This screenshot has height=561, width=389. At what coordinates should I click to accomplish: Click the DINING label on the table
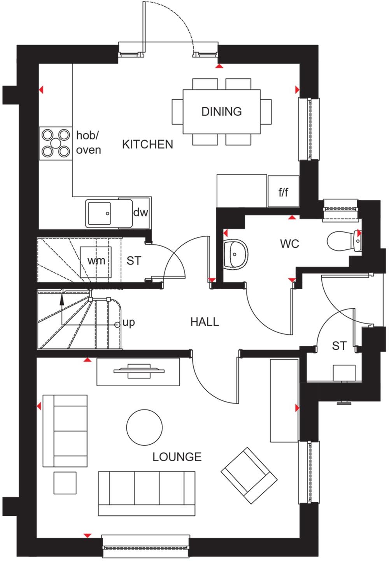click(221, 111)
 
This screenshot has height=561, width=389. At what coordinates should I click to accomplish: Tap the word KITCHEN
click(147, 144)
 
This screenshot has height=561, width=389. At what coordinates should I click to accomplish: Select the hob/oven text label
click(88, 143)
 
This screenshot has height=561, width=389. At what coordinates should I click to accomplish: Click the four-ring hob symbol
click(55, 143)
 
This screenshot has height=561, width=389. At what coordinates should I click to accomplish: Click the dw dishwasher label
click(140, 213)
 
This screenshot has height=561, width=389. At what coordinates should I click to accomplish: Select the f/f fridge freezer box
click(283, 192)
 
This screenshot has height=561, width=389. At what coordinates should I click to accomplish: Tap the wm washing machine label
click(96, 261)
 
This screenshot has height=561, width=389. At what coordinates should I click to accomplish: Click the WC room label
click(289, 244)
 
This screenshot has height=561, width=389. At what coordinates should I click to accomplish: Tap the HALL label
click(205, 322)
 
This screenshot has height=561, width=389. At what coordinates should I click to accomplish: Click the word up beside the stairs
click(129, 323)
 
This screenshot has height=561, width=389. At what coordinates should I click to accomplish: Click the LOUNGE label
click(177, 457)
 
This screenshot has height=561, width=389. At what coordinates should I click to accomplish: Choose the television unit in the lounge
click(138, 371)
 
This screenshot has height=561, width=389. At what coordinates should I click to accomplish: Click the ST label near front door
click(339, 346)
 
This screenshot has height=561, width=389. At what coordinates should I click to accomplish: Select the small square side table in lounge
click(65, 483)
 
